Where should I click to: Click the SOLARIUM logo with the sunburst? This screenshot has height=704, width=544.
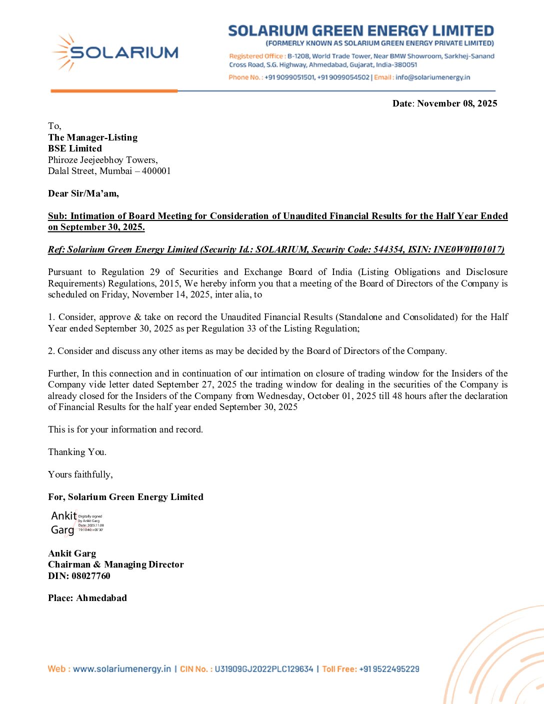point(115,52)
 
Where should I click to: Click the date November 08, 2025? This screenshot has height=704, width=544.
point(457,103)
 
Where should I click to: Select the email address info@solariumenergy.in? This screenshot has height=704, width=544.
point(432,77)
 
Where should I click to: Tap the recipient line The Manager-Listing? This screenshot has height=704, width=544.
point(92,137)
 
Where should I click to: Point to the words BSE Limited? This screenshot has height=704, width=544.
point(75,148)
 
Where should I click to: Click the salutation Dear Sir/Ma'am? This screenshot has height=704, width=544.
point(83,193)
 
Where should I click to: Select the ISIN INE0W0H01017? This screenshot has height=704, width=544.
point(467,249)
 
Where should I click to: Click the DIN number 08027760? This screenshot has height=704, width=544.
point(90,576)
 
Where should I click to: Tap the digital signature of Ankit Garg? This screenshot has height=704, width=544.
point(76,523)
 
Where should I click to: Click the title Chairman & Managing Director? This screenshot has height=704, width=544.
point(115,564)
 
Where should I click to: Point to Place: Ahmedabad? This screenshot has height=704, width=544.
point(87,598)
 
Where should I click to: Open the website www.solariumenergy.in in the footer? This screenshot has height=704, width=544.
point(121,669)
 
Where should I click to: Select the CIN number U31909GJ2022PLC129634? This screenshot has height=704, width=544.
point(263,669)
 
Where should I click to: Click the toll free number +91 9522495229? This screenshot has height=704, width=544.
point(389,669)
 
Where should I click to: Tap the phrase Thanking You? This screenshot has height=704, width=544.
point(77,452)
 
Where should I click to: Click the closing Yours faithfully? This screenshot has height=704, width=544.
point(80,474)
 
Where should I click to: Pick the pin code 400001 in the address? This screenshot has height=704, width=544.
point(156,171)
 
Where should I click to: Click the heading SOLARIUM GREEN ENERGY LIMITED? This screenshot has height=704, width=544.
point(361,31)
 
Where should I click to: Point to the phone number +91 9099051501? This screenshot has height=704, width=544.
point(289,77)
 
